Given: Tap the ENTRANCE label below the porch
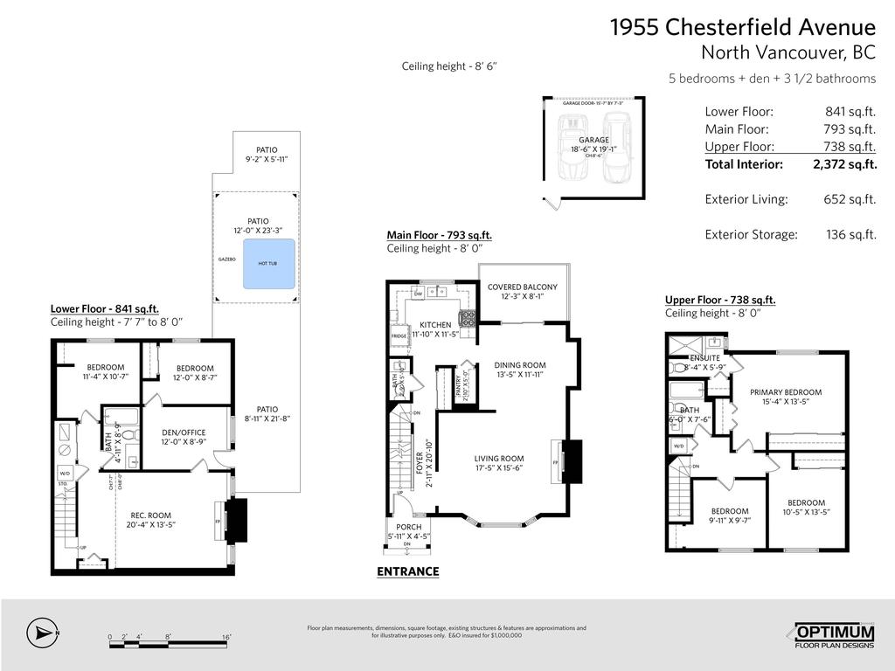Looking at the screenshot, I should pyautogui.click(x=407, y=571).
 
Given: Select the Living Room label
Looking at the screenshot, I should pyautogui.click(x=499, y=459).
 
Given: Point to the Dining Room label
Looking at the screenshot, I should pyautogui.click(x=519, y=365).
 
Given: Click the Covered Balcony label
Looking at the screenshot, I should pyautogui.click(x=522, y=287).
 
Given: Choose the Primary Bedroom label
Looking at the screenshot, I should pyautogui.click(x=785, y=392).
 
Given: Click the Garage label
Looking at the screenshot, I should pyautogui.click(x=593, y=140).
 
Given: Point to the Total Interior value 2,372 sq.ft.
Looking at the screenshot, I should pyautogui.click(x=843, y=164).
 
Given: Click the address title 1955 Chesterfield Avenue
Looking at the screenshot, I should pyautogui.click(x=742, y=27).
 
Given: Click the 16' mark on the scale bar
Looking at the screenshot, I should pyautogui.click(x=225, y=637).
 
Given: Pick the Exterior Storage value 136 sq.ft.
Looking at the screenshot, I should pyautogui.click(x=850, y=234).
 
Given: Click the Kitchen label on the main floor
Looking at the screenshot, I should pyautogui.click(x=435, y=325).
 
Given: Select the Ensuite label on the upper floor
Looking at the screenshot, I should pyautogui.click(x=704, y=358).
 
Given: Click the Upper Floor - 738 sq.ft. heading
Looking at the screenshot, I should pyautogui.click(x=720, y=300).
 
